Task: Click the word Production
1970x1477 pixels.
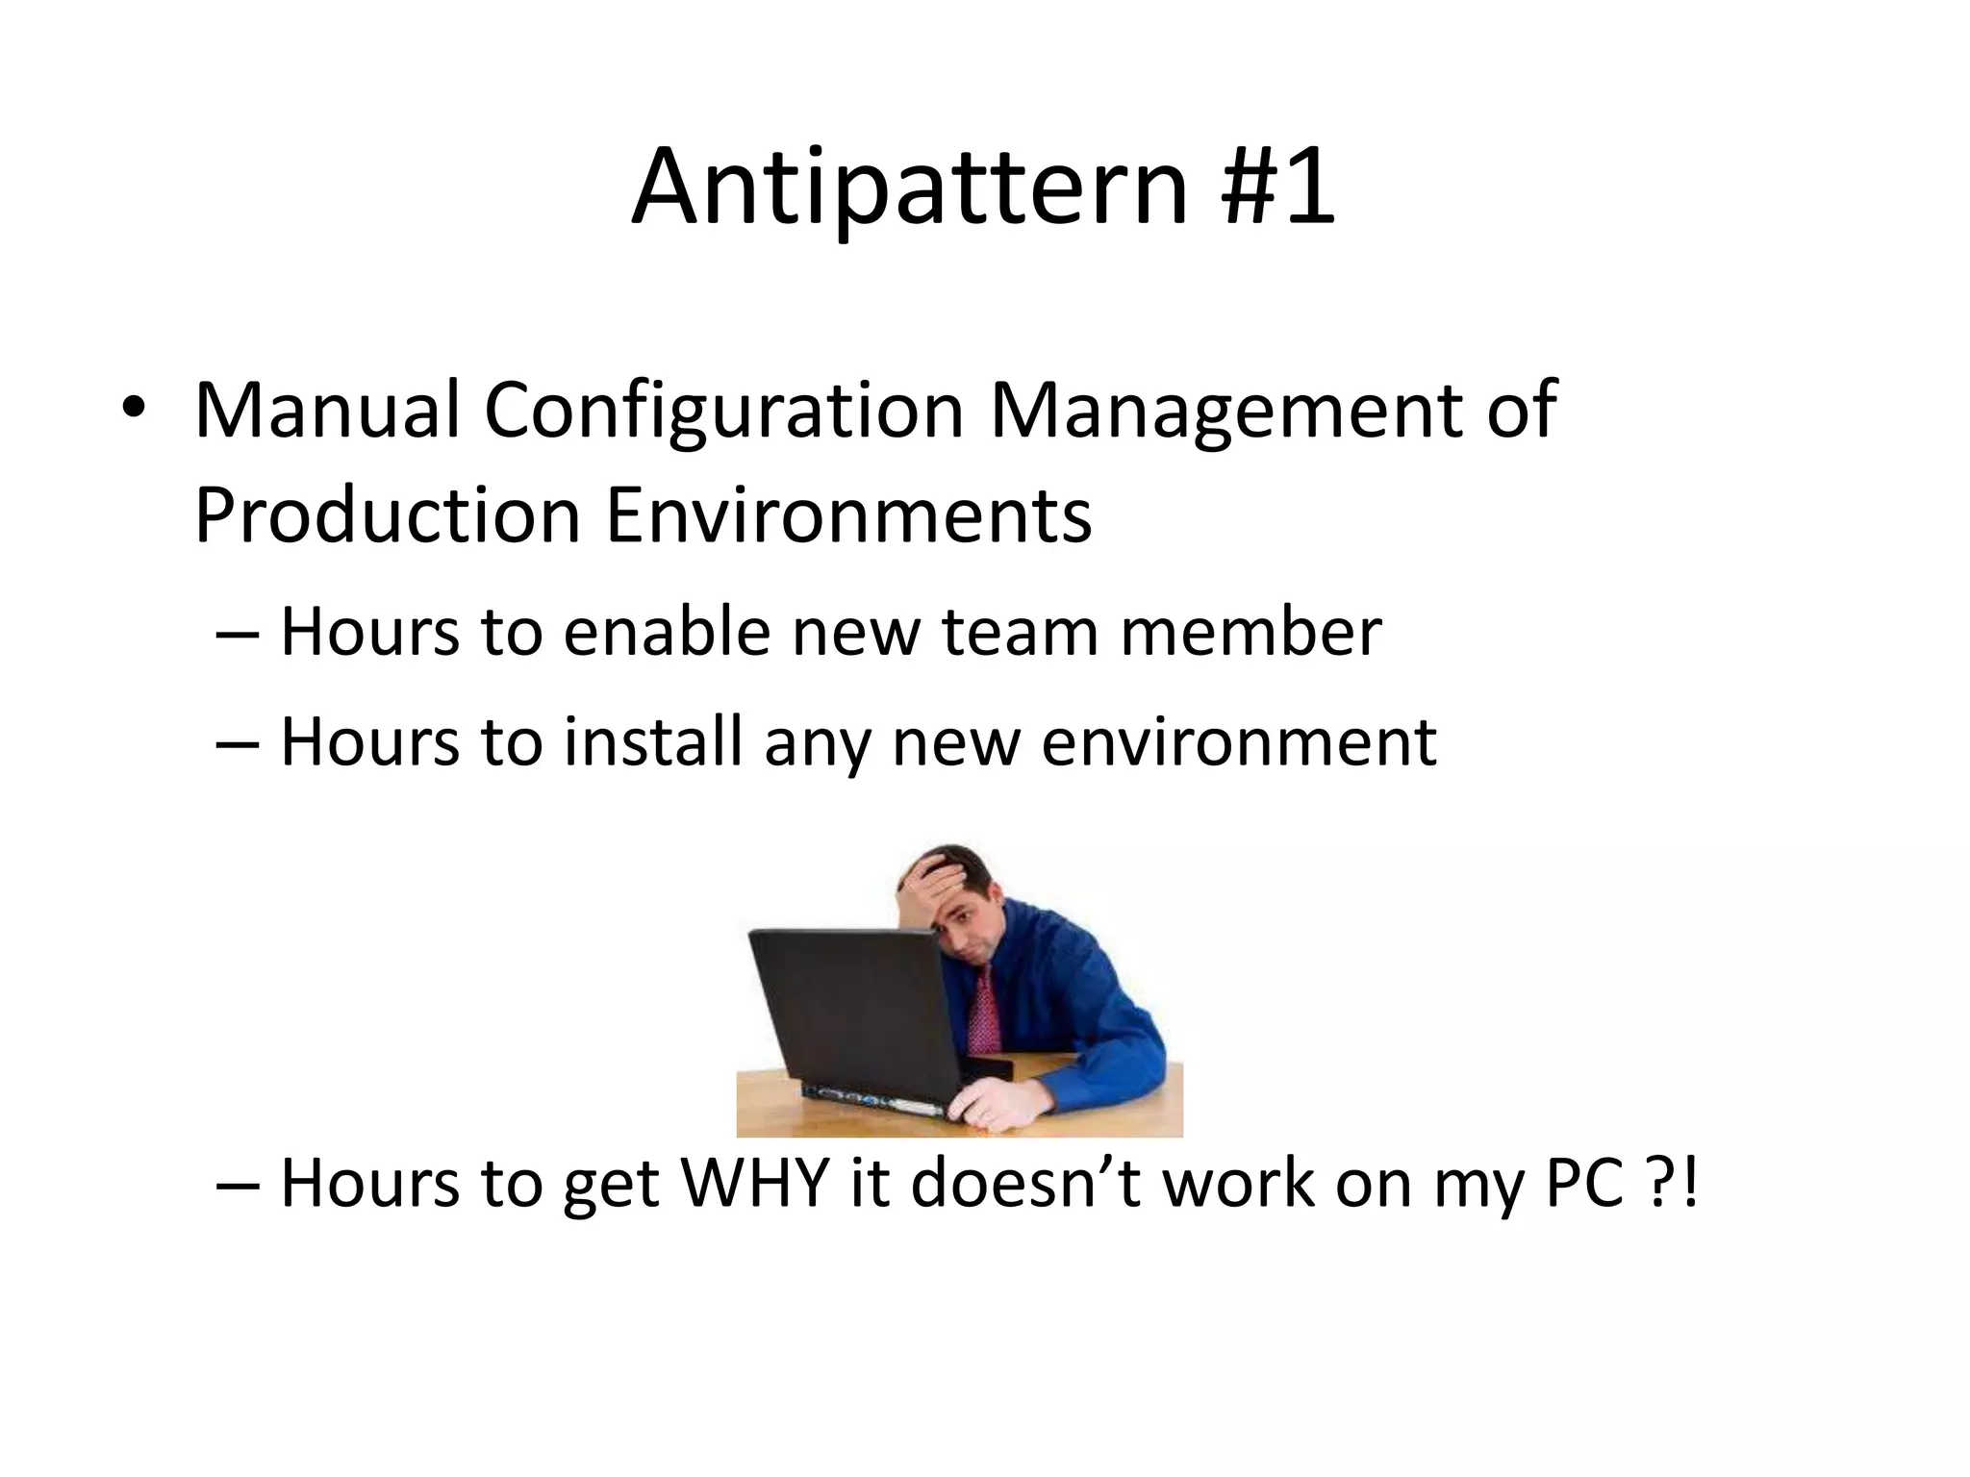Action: (x=387, y=515)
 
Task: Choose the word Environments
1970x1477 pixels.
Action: (x=848, y=515)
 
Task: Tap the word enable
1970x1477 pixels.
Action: (x=667, y=633)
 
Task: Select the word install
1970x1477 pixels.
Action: (x=653, y=742)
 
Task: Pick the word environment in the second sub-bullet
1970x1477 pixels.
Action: (x=1239, y=742)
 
